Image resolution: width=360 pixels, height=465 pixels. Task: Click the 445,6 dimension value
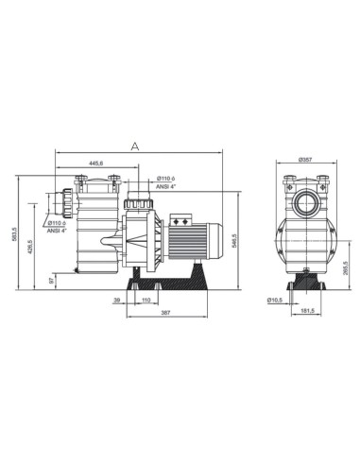pyautogui.click(x=97, y=164)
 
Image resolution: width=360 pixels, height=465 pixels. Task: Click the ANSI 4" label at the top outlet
pyautogui.click(x=166, y=186)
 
